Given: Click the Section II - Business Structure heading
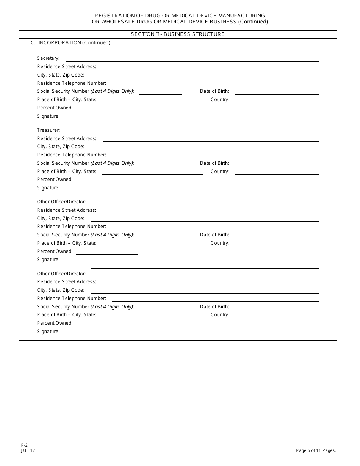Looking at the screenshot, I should [177, 34].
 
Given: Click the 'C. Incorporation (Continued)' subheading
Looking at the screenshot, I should [70, 43].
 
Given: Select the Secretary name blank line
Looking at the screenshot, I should [192, 59].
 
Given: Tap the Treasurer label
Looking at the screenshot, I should [49, 130].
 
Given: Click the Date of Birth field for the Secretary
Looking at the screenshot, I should [277, 92].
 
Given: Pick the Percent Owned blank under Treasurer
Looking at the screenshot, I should [107, 180].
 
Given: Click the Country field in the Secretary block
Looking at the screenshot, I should [277, 100].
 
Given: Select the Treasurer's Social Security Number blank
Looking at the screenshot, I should [161, 164].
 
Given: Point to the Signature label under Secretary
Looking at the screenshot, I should [48, 116].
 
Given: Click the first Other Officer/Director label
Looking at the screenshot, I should [61, 202].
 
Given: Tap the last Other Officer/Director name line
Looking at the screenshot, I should [205, 275].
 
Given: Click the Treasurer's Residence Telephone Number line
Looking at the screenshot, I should [216, 156].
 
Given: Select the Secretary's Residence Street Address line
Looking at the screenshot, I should [211, 67].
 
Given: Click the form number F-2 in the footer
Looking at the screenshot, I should [25, 446].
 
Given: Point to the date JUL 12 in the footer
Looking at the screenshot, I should [28, 451].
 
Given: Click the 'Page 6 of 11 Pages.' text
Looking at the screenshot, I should [316, 451].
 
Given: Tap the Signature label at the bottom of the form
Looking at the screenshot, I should [48, 332].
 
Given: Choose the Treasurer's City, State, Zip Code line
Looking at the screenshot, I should [205, 147].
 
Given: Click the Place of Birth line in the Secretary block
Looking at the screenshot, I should [152, 100].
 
